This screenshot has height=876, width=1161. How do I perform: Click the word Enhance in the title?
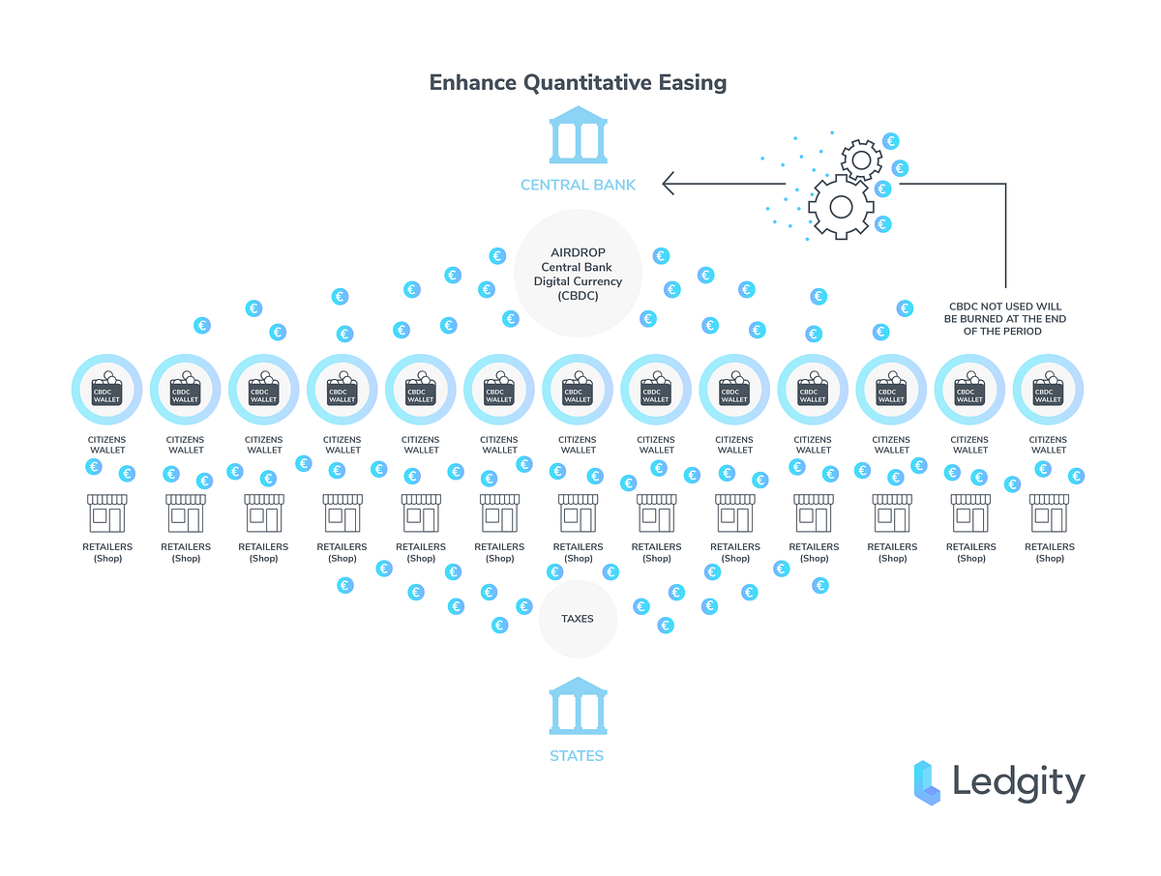(473, 82)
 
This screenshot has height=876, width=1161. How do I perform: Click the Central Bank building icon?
(578, 134)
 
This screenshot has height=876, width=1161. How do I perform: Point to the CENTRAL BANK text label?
(578, 184)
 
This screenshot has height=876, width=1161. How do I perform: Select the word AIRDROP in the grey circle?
(578, 252)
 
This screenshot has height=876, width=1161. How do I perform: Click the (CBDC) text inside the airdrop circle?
(578, 296)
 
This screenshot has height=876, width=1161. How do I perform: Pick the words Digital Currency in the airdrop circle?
(578, 281)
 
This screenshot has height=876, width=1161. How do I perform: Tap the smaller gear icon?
(860, 158)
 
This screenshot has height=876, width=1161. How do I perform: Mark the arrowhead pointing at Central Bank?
(669, 183)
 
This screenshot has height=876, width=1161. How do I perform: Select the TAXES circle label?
(578, 619)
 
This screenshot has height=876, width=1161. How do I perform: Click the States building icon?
(578, 706)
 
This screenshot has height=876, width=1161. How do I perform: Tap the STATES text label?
(577, 756)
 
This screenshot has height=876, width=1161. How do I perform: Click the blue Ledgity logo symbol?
(927, 782)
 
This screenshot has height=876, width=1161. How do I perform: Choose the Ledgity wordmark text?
(1019, 782)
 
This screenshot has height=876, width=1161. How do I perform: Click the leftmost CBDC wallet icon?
(107, 390)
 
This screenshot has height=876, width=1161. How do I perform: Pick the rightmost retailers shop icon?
(1049, 512)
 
